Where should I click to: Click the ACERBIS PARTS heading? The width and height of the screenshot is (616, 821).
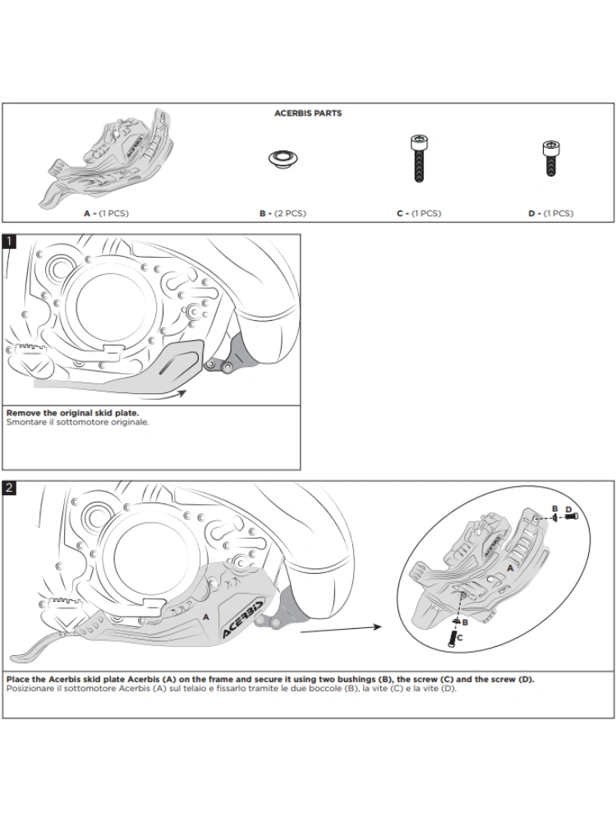pos(308,113)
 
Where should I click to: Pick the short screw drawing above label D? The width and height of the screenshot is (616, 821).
pos(550,155)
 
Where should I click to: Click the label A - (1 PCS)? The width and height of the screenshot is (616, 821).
pos(106,213)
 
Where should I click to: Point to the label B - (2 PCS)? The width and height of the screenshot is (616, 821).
pos(283,213)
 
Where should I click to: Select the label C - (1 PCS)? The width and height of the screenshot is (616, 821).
pos(418,213)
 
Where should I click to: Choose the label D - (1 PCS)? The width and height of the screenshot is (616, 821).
pos(550,213)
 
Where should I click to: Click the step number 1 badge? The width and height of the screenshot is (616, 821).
pos(9,242)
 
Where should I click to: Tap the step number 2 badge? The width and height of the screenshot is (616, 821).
pos(9,488)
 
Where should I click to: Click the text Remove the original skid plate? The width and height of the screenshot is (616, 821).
pos(72,414)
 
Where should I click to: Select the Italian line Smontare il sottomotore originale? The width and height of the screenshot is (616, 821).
pos(77,422)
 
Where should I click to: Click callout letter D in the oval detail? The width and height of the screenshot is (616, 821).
pos(568,509)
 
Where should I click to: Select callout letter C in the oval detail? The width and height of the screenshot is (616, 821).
pos(461,636)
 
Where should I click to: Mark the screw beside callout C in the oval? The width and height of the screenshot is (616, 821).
pos(453,634)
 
